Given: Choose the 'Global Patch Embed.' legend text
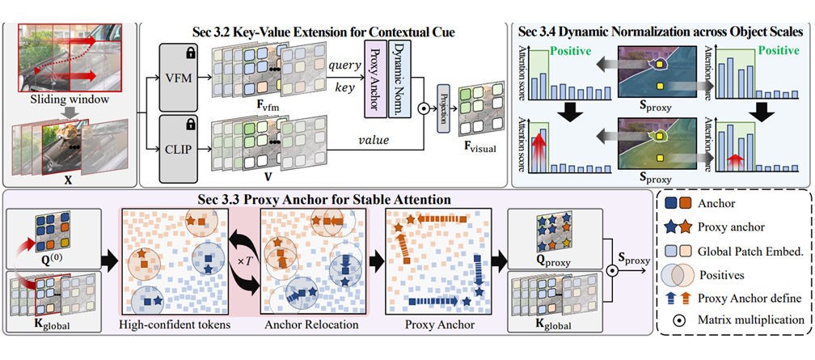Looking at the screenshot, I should (745, 252).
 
